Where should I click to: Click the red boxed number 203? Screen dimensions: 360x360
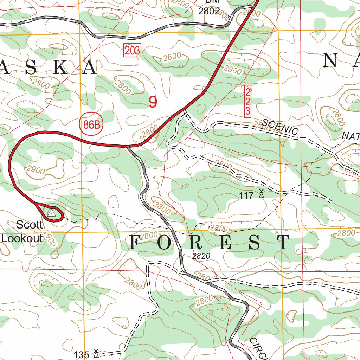[132, 51]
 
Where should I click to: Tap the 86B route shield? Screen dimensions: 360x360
[91, 124]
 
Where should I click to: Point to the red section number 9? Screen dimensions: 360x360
[153, 102]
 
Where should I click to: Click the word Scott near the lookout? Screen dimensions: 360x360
[30, 225]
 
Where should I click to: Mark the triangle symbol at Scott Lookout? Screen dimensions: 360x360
[52, 213]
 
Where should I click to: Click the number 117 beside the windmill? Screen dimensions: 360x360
[246, 196]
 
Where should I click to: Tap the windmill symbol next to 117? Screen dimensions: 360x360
[261, 194]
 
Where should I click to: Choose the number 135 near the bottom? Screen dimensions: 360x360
[82, 355]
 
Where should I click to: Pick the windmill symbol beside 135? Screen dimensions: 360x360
[96, 353]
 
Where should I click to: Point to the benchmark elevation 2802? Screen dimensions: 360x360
[209, 11]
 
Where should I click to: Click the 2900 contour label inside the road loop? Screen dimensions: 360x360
[36, 171]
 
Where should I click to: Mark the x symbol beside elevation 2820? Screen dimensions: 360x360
[181, 257]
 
